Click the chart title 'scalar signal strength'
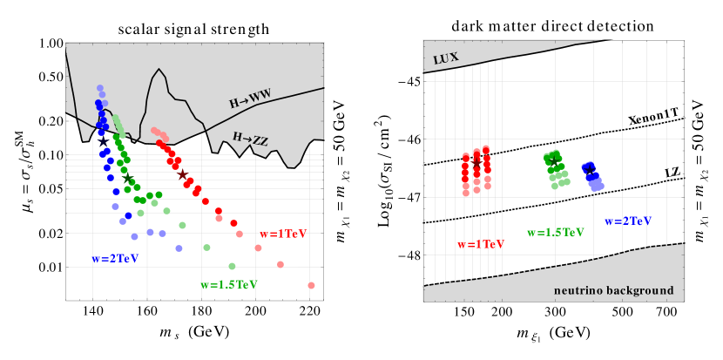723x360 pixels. (x=193, y=30)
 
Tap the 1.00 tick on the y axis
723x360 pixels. (x=50, y=43)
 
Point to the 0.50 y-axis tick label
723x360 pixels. (x=50, y=77)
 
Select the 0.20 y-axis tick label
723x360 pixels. (x=50, y=121)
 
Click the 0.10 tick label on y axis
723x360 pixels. (x=50, y=155)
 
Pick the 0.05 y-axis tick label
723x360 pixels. (x=50, y=189)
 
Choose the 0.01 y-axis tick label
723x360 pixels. (x=50, y=267)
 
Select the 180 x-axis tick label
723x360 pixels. (x=201, y=311)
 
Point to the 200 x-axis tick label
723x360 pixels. (x=255, y=311)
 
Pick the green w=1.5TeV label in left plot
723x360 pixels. (x=229, y=285)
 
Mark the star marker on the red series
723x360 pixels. (x=182, y=175)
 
